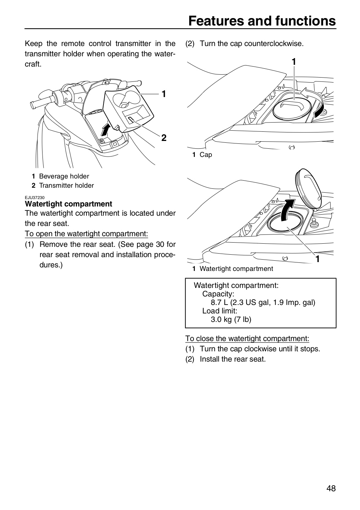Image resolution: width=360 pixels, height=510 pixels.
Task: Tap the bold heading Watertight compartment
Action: [68, 204]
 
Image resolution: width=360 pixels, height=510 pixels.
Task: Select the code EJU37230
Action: [35, 198]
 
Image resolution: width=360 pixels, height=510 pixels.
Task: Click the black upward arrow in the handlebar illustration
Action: [106, 129]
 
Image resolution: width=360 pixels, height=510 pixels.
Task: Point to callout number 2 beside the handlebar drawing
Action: [164, 138]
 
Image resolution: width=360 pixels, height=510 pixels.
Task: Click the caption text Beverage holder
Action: [64, 176]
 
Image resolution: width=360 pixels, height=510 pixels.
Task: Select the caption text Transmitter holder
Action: [66, 186]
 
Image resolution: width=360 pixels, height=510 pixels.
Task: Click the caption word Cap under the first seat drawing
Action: [206, 154]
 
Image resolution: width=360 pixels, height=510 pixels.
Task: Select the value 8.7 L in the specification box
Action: [219, 302]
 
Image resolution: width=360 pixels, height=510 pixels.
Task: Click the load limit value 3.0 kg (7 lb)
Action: [231, 319]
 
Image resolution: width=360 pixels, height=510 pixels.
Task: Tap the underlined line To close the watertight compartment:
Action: [247, 339]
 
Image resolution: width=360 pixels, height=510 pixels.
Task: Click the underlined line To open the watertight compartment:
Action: [86, 234]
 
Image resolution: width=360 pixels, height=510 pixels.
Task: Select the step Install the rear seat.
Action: [233, 359]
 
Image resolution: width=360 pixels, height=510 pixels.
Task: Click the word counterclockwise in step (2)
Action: [274, 44]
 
